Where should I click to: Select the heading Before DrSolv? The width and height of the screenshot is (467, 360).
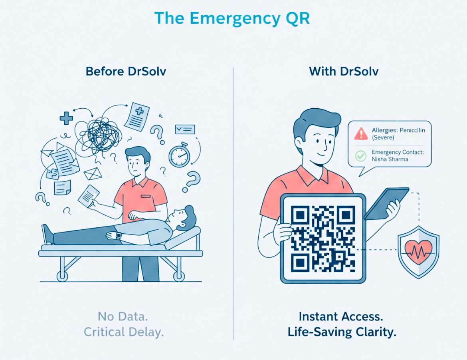click(126, 72)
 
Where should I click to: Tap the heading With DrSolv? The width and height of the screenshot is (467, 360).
click(344, 72)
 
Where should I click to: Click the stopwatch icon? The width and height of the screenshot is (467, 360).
click(179, 155)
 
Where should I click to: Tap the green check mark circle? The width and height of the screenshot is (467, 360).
click(360, 155)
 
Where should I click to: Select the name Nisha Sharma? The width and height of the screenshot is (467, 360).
click(390, 159)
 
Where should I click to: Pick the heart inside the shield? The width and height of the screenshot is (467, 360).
click(418, 251)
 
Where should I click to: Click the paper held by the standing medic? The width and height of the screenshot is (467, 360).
click(89, 195)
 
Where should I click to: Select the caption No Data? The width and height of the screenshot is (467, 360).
click(123, 317)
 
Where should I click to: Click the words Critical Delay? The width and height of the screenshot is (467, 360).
click(124, 332)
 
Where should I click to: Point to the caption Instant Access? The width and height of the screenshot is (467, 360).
click(341, 316)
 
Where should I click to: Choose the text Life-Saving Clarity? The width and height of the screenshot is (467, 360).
click(342, 332)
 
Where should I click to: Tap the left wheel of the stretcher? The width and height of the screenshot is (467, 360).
click(62, 276)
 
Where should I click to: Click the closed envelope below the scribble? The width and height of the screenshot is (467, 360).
click(93, 173)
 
